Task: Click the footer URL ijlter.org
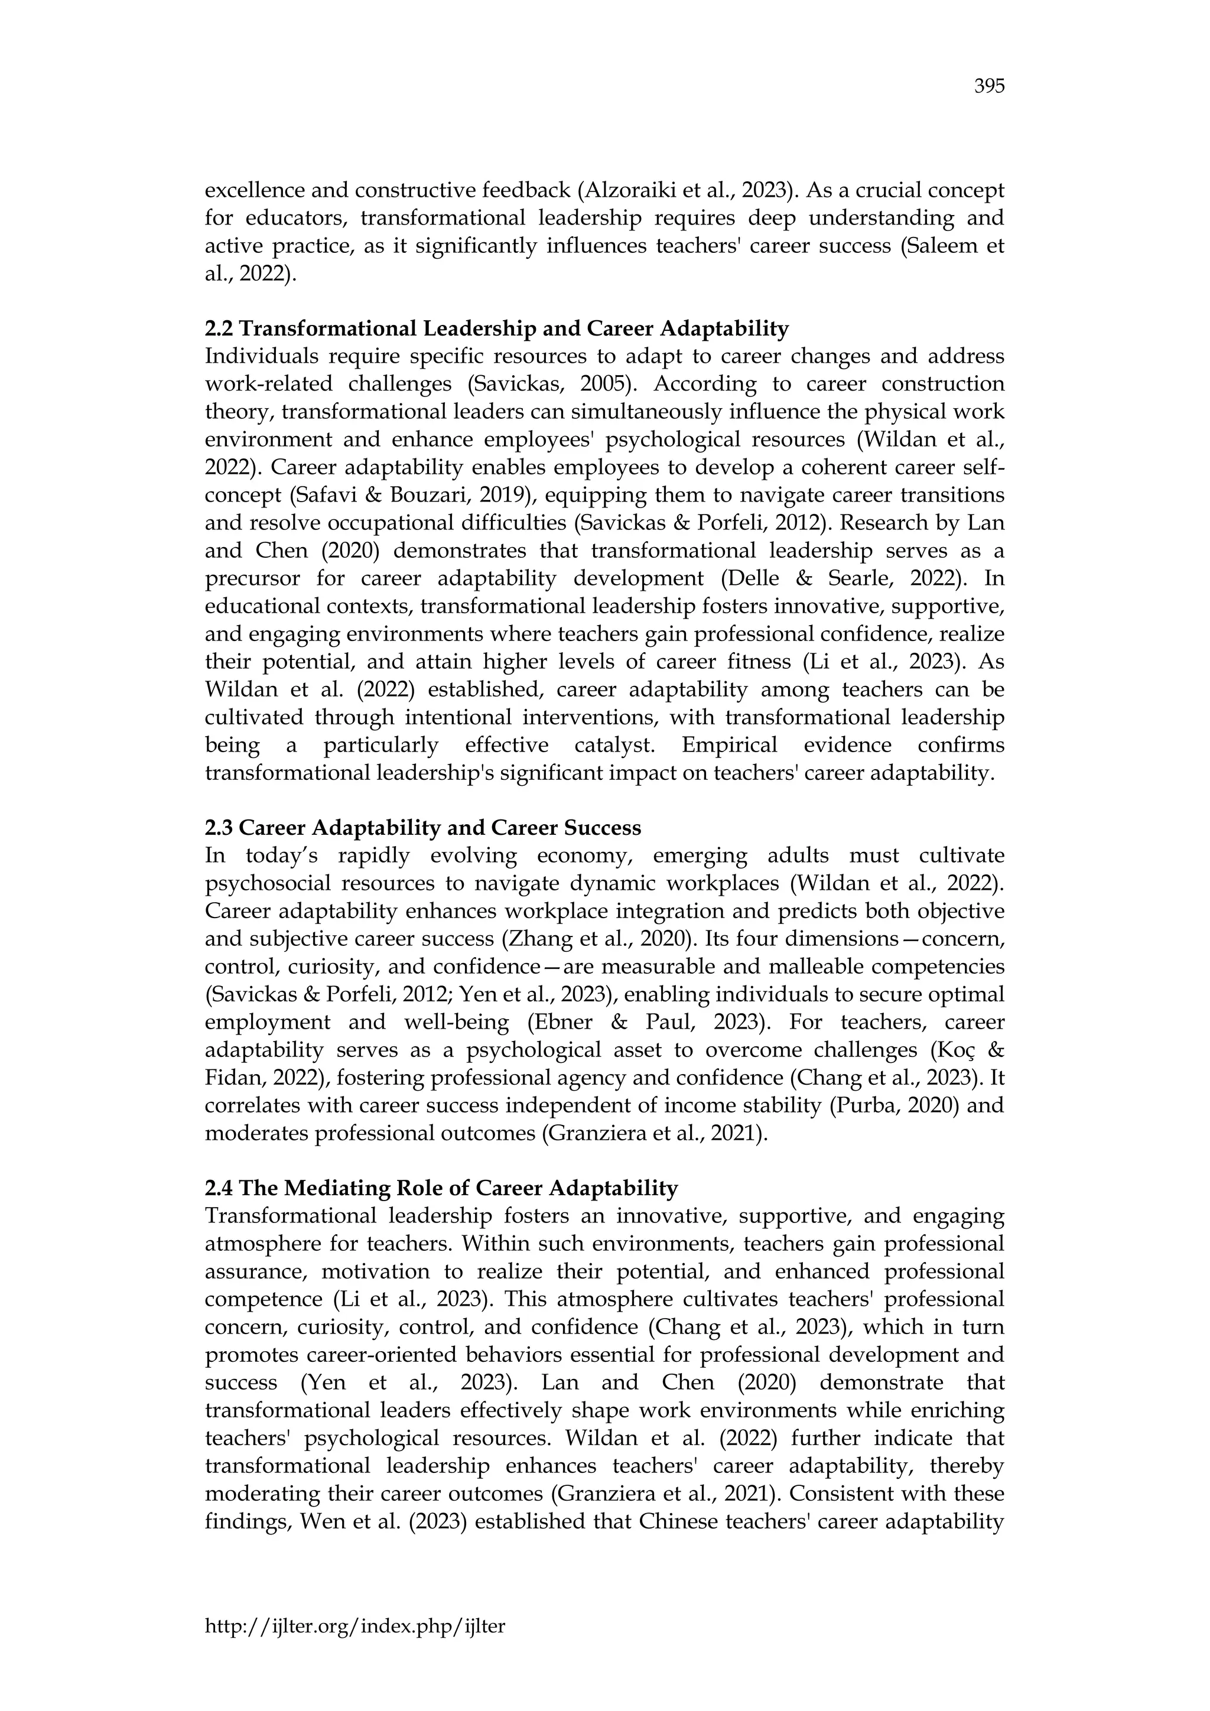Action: pos(354,1626)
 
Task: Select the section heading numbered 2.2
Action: pos(496,328)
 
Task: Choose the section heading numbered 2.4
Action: pos(441,1188)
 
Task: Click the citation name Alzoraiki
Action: pos(631,191)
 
